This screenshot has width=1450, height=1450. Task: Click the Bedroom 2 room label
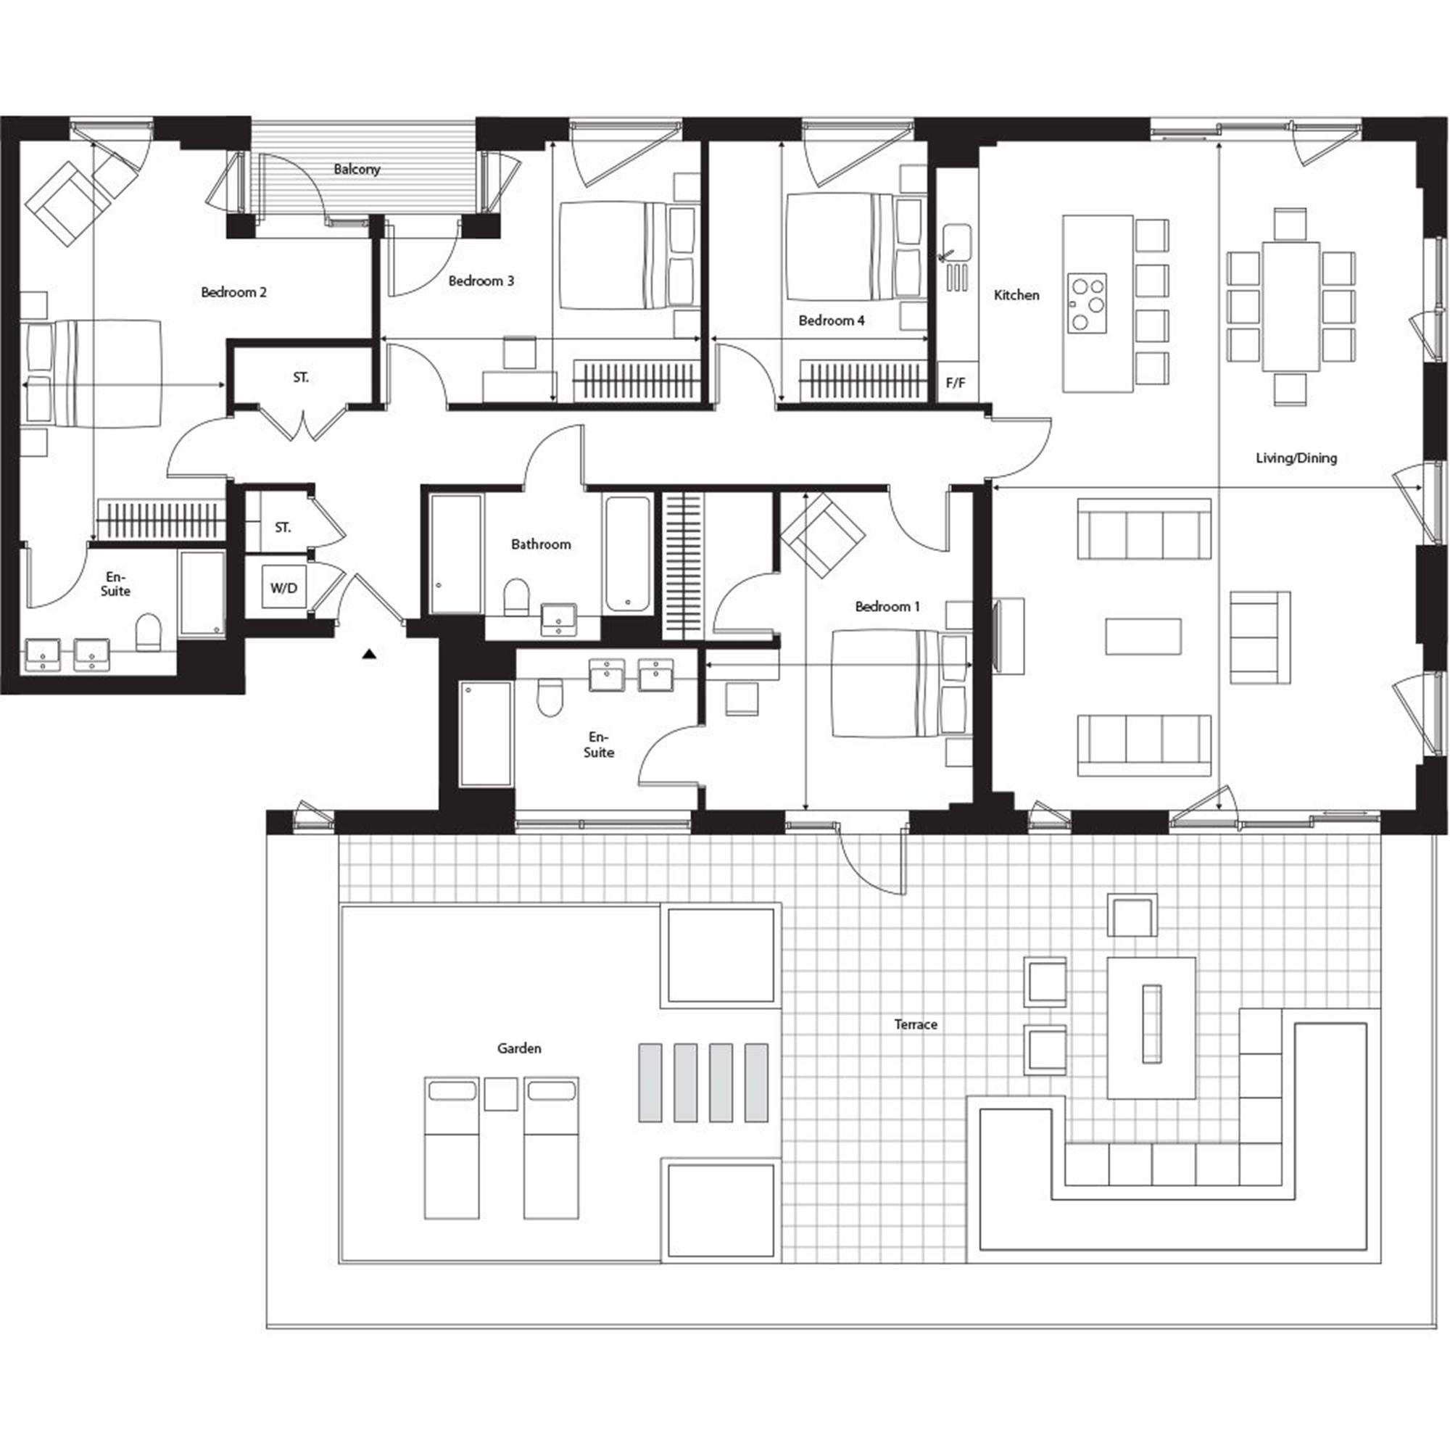point(233,292)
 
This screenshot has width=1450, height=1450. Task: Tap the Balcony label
point(357,170)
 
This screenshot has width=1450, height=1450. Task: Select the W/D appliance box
point(283,588)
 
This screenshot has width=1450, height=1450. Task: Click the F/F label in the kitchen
point(956,383)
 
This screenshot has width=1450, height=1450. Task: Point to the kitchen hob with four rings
point(1085,303)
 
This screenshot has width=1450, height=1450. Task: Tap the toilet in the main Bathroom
point(515,597)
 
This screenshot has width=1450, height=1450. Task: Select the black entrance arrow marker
point(368,655)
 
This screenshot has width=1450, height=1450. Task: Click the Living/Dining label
point(1296,457)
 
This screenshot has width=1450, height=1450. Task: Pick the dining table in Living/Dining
point(1290,305)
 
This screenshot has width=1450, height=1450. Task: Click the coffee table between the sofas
point(1143,637)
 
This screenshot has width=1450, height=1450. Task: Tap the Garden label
point(518,1048)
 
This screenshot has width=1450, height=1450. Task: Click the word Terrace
point(916,1024)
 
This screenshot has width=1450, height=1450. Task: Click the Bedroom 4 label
point(831,320)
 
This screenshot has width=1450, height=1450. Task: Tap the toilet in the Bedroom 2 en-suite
point(149,632)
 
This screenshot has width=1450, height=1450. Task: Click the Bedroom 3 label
point(481,281)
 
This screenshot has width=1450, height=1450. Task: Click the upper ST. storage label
point(301,378)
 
